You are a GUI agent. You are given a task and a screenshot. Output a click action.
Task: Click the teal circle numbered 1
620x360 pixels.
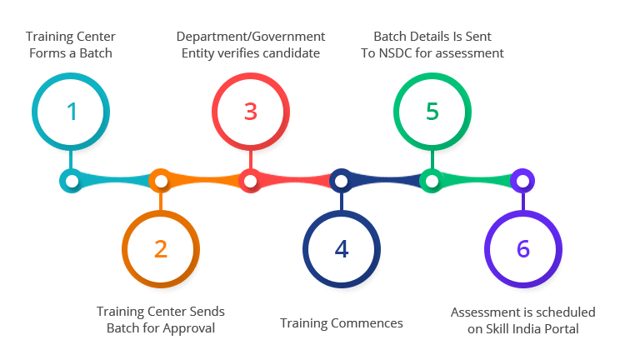[72, 111]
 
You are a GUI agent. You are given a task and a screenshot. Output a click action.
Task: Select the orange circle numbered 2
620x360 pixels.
[161, 247]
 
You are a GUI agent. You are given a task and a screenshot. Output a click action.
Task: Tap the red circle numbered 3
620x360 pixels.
[251, 111]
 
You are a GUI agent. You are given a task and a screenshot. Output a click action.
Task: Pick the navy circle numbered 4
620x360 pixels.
[342, 247]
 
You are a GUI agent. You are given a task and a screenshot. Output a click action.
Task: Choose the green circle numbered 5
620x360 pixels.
[431, 111]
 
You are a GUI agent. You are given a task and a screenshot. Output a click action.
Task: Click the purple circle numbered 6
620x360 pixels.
[522, 247]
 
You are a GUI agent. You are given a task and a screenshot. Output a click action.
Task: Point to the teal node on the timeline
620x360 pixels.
[72, 180]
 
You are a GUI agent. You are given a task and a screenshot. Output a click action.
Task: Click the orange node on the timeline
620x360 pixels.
[161, 180]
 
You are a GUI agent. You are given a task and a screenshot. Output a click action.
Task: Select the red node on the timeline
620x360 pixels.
[250, 180]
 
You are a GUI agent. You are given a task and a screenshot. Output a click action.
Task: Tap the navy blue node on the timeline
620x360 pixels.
[341, 180]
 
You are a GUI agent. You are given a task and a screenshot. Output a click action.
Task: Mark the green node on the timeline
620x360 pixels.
[431, 180]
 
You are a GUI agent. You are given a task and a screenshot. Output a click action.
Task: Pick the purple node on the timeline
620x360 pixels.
[522, 180]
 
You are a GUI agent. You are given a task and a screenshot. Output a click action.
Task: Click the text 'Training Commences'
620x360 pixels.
[342, 323]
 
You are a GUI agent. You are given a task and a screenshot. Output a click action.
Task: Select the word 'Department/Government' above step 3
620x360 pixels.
[251, 37]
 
